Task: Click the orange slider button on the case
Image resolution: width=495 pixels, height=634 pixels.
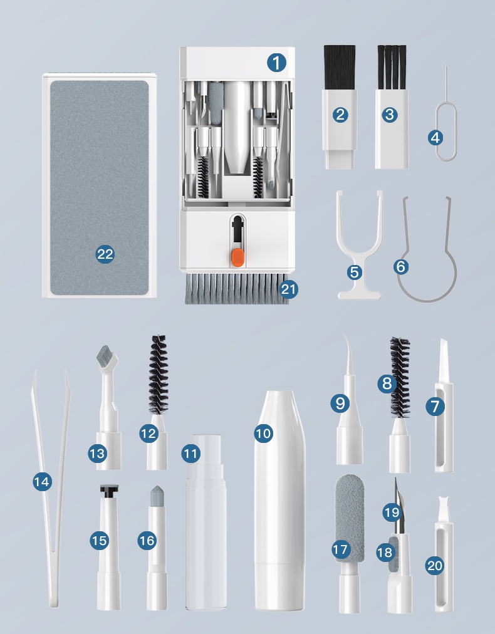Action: [238, 257]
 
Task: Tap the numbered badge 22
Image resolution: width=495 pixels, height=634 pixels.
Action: [105, 254]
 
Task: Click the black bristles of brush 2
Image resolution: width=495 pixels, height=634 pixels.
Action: [340, 67]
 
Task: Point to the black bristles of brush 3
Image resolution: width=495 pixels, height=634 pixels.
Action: [392, 67]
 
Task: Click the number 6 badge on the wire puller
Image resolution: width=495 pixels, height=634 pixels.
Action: [401, 266]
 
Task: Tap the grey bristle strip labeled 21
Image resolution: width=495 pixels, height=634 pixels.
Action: [237, 289]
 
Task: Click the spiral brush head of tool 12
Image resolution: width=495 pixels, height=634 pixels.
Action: [159, 375]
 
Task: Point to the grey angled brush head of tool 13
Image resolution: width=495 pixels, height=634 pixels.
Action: [107, 358]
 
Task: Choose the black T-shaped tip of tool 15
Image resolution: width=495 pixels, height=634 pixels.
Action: [109, 491]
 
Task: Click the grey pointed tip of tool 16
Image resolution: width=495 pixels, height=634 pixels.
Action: [156, 496]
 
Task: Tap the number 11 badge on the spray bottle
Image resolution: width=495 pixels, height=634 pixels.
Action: [191, 454]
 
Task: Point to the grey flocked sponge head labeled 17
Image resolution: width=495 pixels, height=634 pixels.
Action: [350, 518]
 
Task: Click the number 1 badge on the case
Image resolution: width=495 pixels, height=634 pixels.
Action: [276, 63]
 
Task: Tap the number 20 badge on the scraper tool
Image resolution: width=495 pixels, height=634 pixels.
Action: [435, 565]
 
